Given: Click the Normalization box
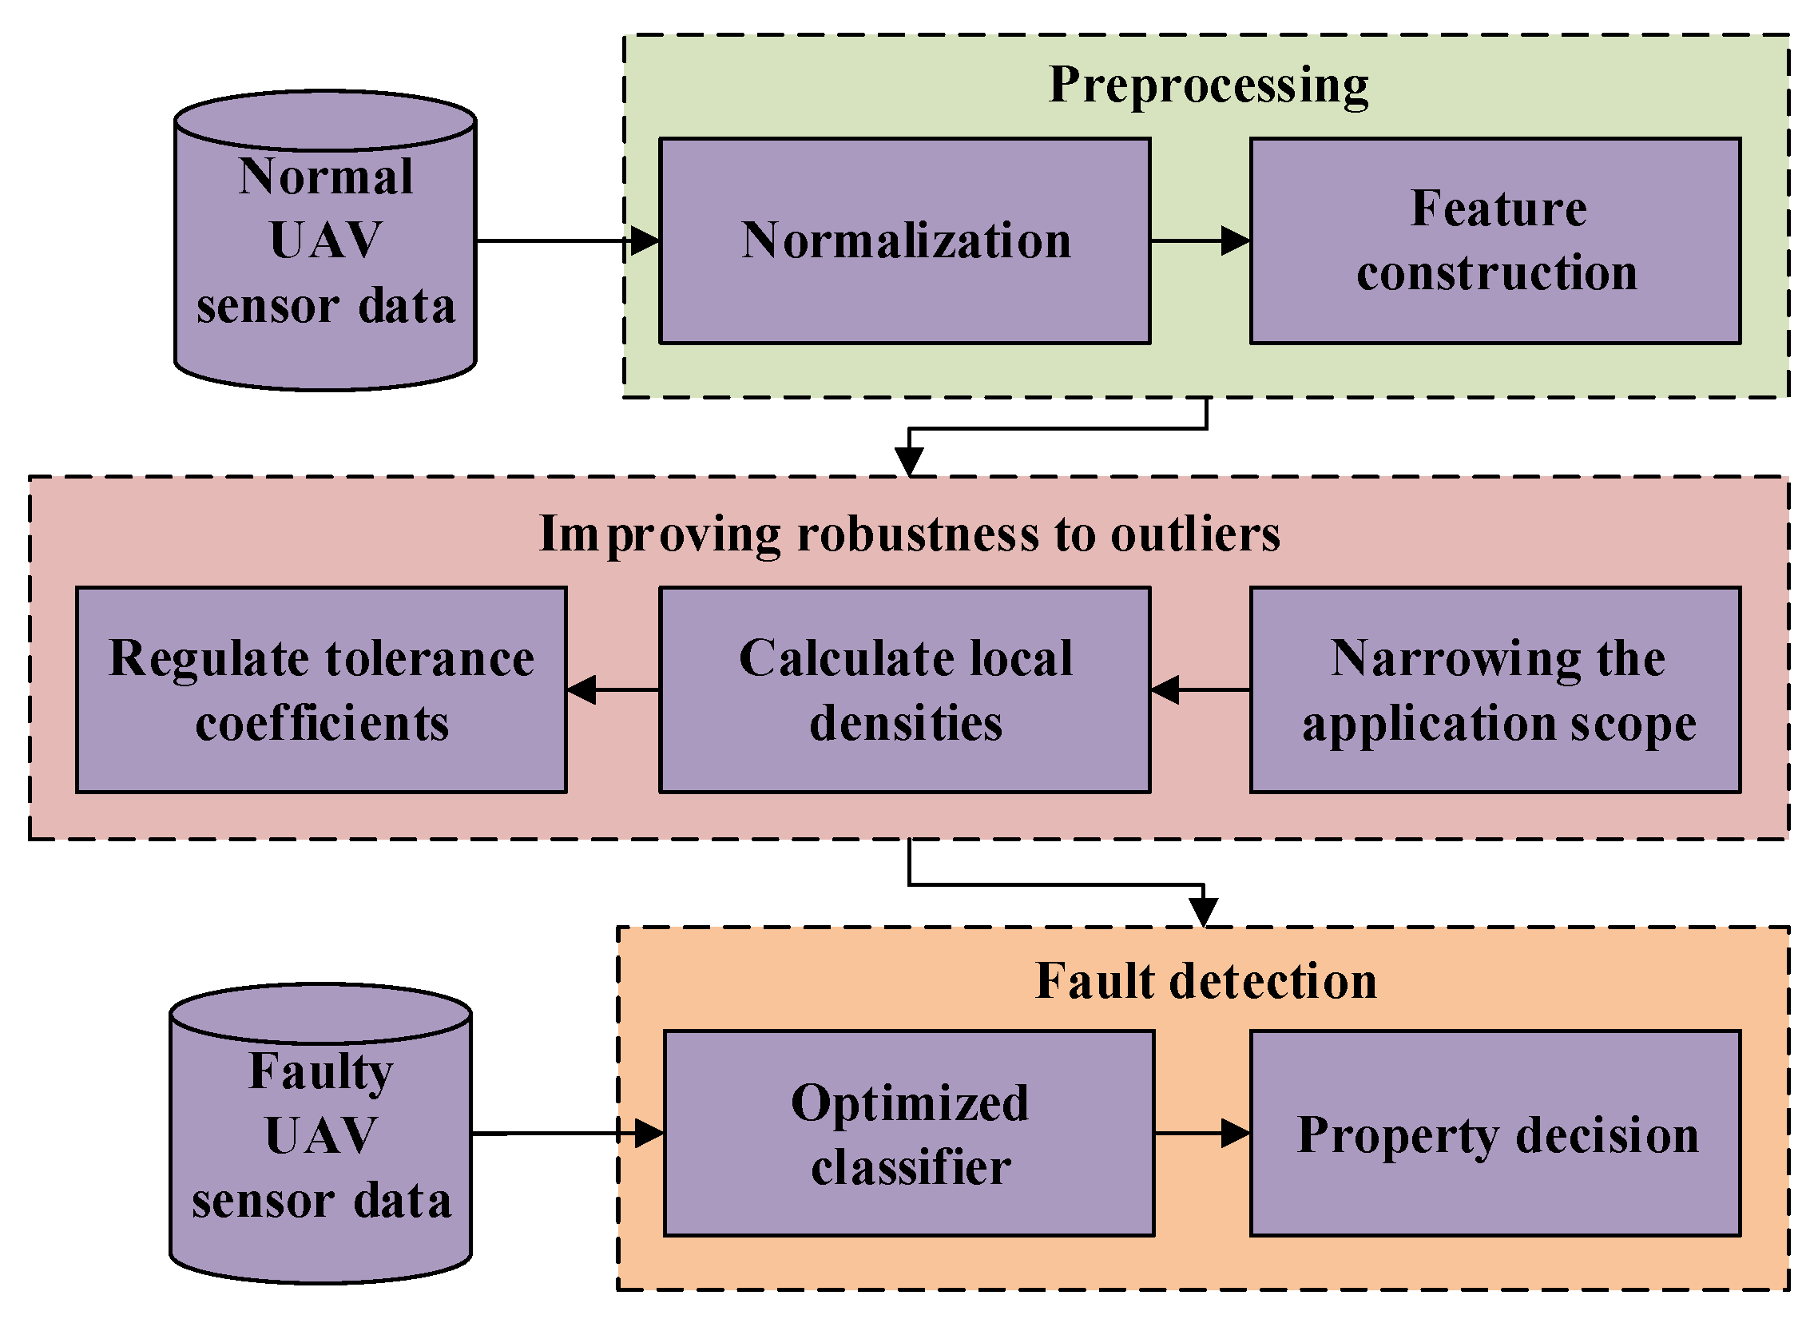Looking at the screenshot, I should click(904, 240).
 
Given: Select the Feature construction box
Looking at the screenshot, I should click(1495, 240).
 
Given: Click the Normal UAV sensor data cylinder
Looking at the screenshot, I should click(325, 240).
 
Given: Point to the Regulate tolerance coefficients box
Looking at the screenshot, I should click(321, 689).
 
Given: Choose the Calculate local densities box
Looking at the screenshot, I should click(904, 689).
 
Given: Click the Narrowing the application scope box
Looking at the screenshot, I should click(1495, 689).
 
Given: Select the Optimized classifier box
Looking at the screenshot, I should click(909, 1134).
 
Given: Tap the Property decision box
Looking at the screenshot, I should click(1495, 1134).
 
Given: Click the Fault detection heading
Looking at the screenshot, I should click(1205, 981).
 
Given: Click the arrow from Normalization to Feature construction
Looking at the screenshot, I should click(1200, 240).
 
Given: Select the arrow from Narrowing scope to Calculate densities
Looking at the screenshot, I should click(1200, 689).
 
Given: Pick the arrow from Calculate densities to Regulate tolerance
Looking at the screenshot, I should click(613, 689).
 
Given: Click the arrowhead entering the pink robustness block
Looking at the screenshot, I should click(910, 462).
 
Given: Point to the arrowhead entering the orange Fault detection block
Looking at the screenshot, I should click(1203, 912).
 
